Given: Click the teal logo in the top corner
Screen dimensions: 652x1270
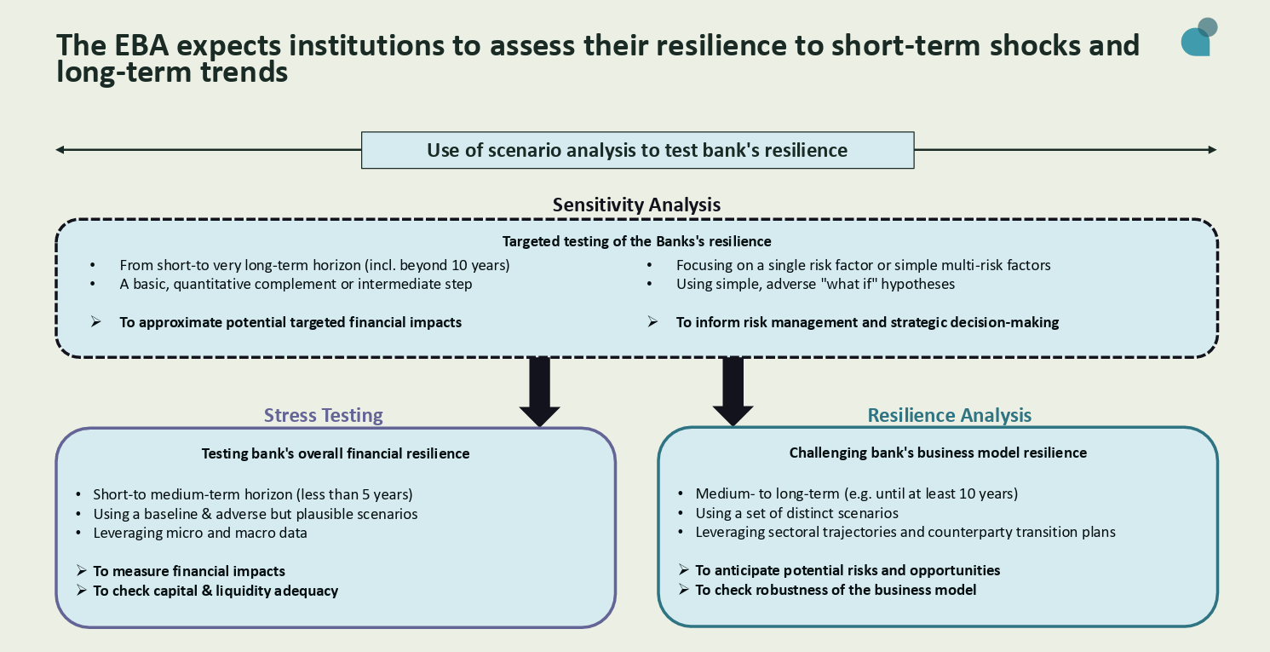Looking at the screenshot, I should (x=1198, y=38).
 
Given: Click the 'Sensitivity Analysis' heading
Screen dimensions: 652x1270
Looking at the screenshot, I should (x=636, y=205).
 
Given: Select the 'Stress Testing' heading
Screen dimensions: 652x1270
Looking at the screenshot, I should (x=323, y=415).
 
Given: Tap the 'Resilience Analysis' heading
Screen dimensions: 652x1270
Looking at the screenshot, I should (x=949, y=415).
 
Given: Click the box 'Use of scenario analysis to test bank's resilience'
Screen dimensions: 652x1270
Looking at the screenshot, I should (x=637, y=151).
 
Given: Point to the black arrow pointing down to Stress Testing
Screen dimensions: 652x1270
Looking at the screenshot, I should (x=539, y=391).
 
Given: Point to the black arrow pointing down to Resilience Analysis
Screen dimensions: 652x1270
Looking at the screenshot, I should (x=733, y=391).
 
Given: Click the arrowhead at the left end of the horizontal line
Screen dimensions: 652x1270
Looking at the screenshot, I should (x=60, y=150).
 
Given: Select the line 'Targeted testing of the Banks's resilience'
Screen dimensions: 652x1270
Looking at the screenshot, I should (x=636, y=241).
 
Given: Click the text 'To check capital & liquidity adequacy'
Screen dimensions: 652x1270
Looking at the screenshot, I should (x=215, y=591).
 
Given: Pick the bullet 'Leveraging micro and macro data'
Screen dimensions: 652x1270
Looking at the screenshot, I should (x=200, y=533).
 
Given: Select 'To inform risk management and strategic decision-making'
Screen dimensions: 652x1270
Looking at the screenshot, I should (x=867, y=322).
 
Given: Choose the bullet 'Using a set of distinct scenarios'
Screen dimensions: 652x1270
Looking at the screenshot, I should (x=796, y=513).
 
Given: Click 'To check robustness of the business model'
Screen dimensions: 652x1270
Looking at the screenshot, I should (x=835, y=590).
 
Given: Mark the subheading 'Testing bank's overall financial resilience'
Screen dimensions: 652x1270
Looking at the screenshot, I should (x=335, y=453).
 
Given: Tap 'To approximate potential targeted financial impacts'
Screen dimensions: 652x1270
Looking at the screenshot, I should (x=290, y=322).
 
